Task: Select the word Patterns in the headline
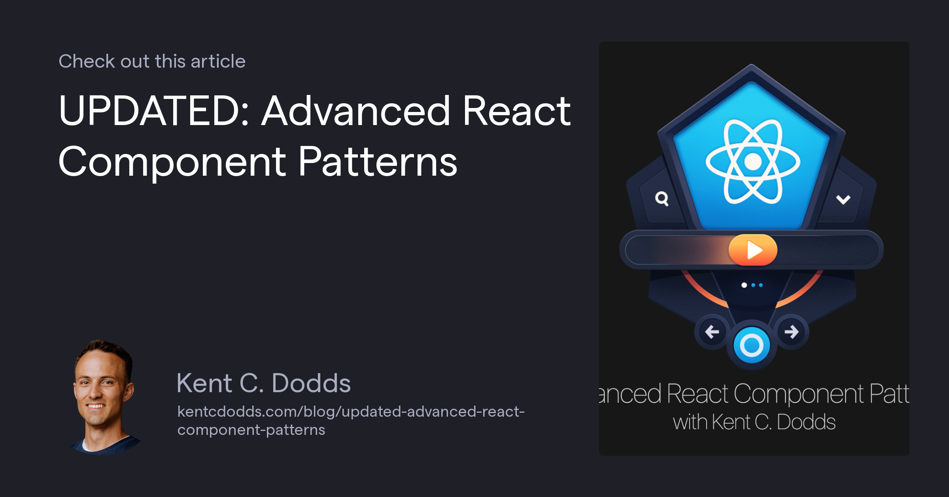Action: click(378, 162)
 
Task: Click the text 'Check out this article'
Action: click(152, 61)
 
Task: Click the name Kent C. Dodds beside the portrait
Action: click(264, 383)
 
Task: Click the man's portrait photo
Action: click(104, 396)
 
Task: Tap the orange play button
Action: click(753, 250)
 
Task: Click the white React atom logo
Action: click(753, 161)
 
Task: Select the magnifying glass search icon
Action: click(662, 198)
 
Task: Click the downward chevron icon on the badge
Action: click(843, 199)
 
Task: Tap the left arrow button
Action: click(712, 332)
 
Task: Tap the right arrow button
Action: click(791, 332)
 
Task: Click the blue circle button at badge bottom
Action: click(751, 345)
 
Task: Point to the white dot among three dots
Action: click(744, 285)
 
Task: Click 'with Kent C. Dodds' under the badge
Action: click(754, 422)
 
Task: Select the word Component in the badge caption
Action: click(799, 394)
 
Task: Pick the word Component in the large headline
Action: click(172, 162)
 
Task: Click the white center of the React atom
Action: click(753, 161)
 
